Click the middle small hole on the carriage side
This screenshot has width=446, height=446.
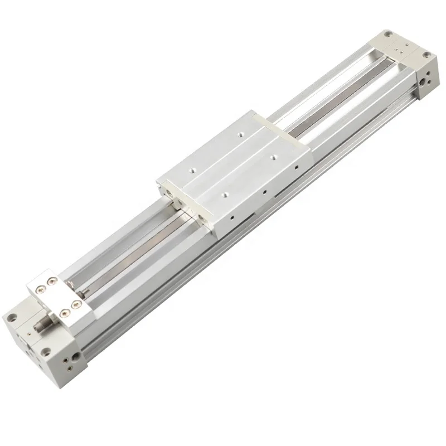[263, 191]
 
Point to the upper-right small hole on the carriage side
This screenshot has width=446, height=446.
[298, 166]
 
